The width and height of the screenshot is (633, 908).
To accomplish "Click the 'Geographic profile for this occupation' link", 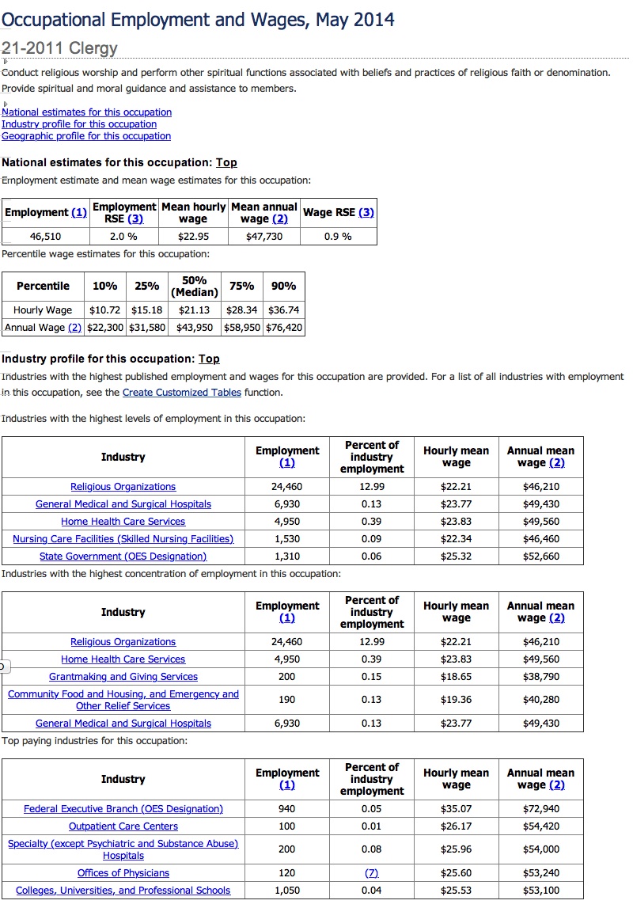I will pyautogui.click(x=86, y=136).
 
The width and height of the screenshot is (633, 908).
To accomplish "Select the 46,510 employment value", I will pyautogui.click(x=46, y=237).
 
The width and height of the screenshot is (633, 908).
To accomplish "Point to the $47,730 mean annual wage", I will pyautogui.click(x=264, y=237).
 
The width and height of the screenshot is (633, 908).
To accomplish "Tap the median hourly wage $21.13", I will pyautogui.click(x=195, y=310).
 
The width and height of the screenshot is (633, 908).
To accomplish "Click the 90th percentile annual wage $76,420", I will pyautogui.click(x=284, y=328).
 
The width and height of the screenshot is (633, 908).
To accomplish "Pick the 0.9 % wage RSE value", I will pyautogui.click(x=338, y=237).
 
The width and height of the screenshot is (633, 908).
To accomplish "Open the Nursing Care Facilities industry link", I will pyautogui.click(x=123, y=539).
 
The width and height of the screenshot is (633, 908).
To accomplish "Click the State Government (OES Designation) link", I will pyautogui.click(x=123, y=557).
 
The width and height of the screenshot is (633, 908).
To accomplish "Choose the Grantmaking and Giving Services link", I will pyautogui.click(x=123, y=677).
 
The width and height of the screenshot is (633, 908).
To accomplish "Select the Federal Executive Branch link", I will pyautogui.click(x=123, y=809).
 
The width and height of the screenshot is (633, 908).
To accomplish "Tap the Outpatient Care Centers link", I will pyautogui.click(x=123, y=826).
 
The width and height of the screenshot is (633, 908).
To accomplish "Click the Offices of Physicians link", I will pyautogui.click(x=123, y=873).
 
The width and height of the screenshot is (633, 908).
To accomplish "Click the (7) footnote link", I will pyautogui.click(x=372, y=873).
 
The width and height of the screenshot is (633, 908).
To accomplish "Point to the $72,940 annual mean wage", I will pyautogui.click(x=541, y=809).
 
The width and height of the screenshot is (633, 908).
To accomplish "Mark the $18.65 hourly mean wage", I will pyautogui.click(x=456, y=677).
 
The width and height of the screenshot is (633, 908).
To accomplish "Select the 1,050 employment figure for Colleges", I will pyautogui.click(x=287, y=891).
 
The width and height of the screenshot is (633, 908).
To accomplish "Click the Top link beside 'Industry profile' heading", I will pyautogui.click(x=209, y=359).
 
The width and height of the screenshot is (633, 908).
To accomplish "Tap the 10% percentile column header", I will pyautogui.click(x=105, y=287).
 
